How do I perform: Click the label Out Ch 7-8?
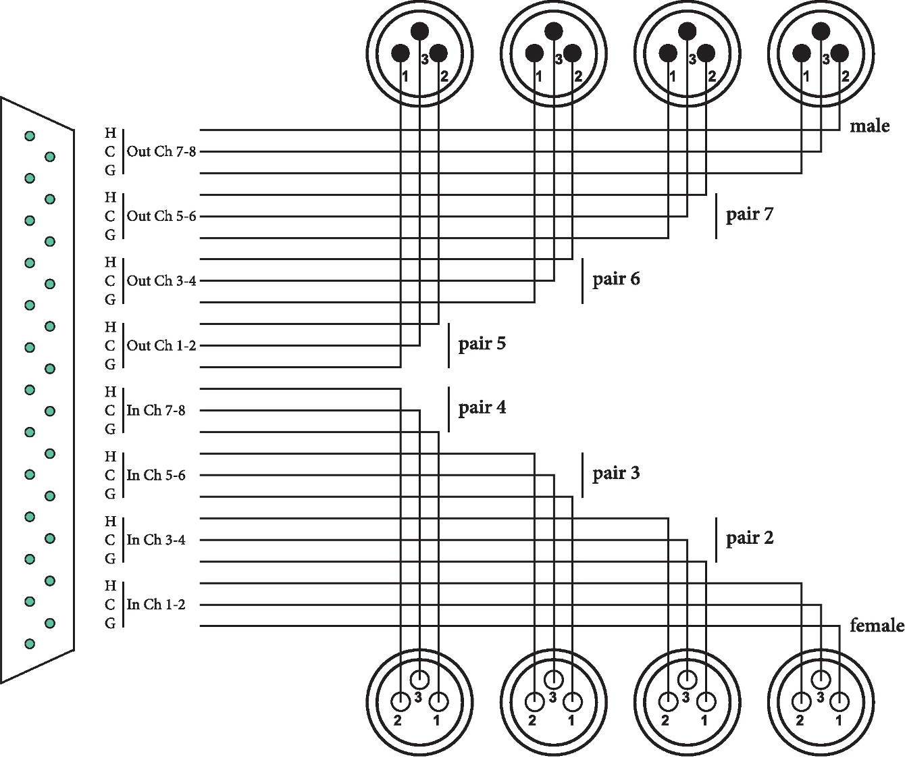[x=161, y=151]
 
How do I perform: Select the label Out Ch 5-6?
[x=161, y=216]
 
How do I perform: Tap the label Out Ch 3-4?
[x=161, y=280]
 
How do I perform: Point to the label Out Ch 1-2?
[x=161, y=345]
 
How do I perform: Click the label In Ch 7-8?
[x=156, y=410]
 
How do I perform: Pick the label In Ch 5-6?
[x=156, y=475]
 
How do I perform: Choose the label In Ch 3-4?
[x=156, y=540]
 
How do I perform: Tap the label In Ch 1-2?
[x=156, y=605]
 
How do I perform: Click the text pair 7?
[x=750, y=215]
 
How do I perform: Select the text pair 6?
[x=616, y=279]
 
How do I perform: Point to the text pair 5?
[x=482, y=344]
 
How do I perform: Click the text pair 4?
[x=482, y=408]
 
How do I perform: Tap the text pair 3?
[x=616, y=474]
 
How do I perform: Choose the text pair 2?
[x=750, y=538]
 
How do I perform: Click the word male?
[x=870, y=126]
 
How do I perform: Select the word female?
[x=877, y=626]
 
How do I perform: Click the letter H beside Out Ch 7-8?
[x=110, y=132]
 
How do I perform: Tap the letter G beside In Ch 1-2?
[x=110, y=624]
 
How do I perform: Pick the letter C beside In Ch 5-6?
[x=110, y=475]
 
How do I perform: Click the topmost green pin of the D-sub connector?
[x=30, y=136]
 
